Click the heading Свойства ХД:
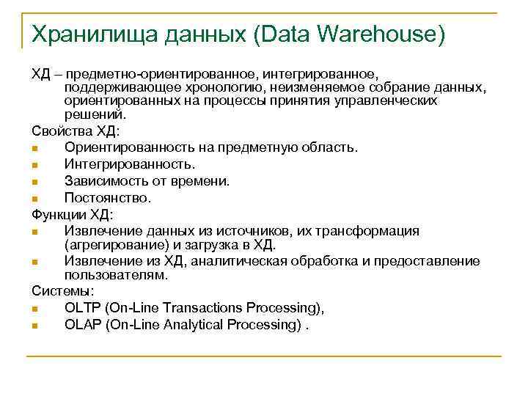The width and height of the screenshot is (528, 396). tap(74, 131)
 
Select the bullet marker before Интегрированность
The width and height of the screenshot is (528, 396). tap(35, 164)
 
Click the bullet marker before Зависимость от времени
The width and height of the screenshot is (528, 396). tap(35, 181)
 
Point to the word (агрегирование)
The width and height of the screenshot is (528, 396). tap(109, 244)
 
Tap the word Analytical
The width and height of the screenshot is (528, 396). tap(203, 324)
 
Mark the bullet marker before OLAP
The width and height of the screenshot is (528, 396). tap(35, 325)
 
